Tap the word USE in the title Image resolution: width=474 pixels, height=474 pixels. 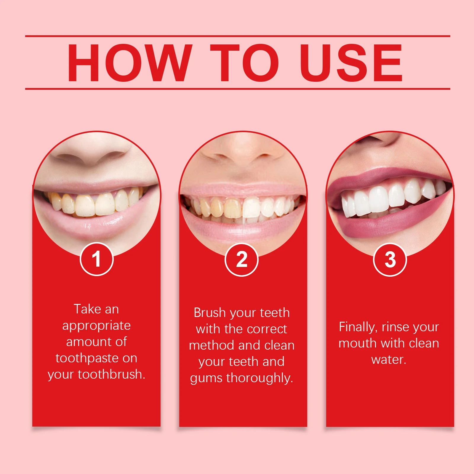351,63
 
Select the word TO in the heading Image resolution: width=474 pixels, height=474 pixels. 244,63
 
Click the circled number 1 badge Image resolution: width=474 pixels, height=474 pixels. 97,259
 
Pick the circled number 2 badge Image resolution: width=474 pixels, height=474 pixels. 242,260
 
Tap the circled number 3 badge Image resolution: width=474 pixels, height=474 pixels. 390,260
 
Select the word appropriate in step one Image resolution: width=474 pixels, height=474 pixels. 97,326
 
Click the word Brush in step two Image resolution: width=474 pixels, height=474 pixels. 209,313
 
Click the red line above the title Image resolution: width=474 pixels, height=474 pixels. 237,36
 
